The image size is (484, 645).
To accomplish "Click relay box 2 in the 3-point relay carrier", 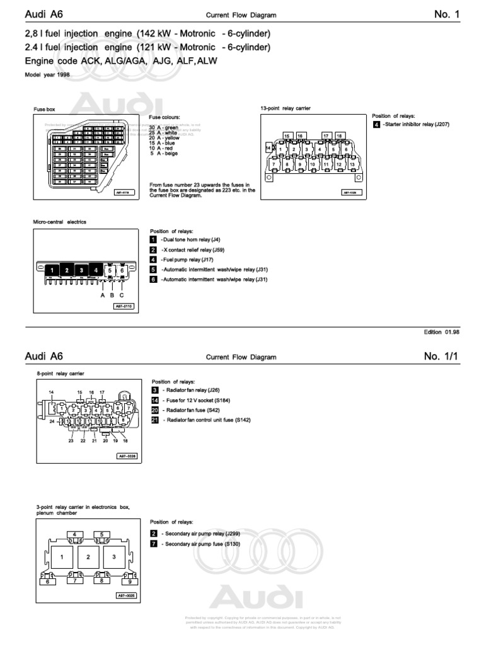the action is tap(89, 557).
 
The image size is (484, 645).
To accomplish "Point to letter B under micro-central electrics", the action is tap(112, 295).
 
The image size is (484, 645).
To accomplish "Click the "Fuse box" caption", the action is tap(44, 109).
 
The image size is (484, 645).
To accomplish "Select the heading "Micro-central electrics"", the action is tap(59, 222).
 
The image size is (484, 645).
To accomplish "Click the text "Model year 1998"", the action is tap(47, 74).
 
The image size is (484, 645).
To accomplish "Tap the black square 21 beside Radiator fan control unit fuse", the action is tap(154, 420).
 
